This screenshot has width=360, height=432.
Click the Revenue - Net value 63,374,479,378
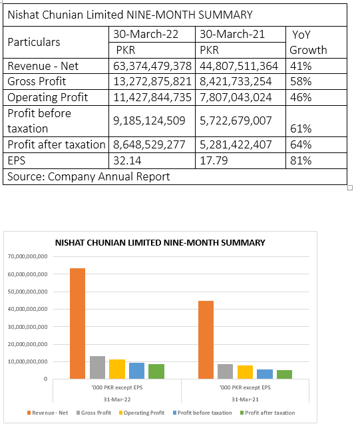(152, 66)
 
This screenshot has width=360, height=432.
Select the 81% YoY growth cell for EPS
(301, 160)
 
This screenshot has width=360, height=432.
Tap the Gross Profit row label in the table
(37, 82)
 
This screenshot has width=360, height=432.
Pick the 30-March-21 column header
(232, 34)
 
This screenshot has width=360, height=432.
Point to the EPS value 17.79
(214, 160)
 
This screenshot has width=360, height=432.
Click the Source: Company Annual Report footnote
(89, 176)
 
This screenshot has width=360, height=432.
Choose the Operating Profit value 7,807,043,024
(236, 98)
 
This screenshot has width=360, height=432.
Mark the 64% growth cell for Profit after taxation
(301, 144)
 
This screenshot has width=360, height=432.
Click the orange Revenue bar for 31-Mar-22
(77, 324)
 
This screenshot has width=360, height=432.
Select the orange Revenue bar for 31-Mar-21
(206, 339)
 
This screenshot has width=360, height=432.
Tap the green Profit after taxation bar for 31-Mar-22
(156, 371)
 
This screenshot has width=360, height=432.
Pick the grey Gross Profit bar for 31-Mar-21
(225, 371)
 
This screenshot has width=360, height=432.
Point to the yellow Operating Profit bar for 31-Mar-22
(117, 369)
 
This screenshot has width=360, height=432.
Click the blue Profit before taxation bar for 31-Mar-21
(265, 374)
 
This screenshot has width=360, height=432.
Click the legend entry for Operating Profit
(142, 413)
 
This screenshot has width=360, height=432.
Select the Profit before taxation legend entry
(202, 413)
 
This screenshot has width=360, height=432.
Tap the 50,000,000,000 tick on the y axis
(28, 292)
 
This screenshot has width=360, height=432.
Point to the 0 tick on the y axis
(45, 379)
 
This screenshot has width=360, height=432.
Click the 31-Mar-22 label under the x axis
(117, 399)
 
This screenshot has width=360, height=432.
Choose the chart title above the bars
(160, 243)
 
